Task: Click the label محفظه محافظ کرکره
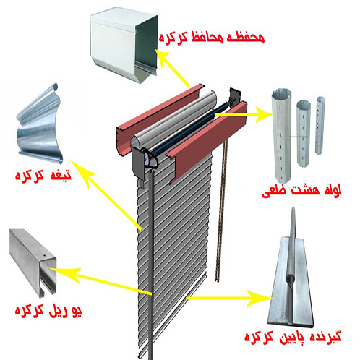click(211, 38)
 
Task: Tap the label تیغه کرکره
click(43, 176)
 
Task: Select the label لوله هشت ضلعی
click(302, 190)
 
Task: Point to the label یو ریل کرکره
click(48, 310)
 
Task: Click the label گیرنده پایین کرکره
click(293, 336)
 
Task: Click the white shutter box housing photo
click(124, 46)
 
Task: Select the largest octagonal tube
click(283, 136)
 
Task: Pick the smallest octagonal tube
click(320, 125)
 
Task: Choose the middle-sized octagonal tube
click(304, 133)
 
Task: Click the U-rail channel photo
click(33, 263)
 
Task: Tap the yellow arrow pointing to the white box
click(173, 68)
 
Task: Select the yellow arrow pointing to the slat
click(106, 194)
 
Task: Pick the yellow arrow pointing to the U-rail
click(101, 280)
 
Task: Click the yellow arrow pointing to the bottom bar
click(229, 298)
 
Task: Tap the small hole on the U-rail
click(44, 255)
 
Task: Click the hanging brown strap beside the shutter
click(221, 211)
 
